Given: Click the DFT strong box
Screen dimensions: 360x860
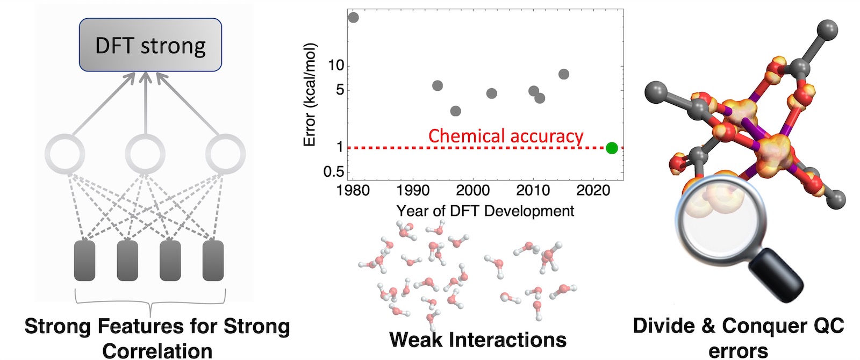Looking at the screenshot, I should click(150, 45).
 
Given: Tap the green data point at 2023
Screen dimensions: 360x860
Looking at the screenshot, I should click(612, 148).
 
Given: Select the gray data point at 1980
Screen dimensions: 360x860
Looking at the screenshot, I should click(353, 17).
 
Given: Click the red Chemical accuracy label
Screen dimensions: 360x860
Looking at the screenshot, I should click(505, 136).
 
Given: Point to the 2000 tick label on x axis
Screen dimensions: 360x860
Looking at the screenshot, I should click(472, 190).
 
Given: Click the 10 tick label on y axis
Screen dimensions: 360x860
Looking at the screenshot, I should click(335, 66).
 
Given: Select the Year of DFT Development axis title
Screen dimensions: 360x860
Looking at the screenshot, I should click(485, 211).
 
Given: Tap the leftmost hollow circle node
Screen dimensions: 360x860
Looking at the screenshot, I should click(65, 154).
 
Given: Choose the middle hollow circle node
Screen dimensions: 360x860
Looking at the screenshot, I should click(144, 154).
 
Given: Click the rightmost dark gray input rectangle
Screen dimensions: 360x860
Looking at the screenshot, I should click(213, 261).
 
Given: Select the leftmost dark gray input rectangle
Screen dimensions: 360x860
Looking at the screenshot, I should click(84, 261).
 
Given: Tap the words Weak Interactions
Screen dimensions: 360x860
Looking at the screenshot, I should click(477, 340).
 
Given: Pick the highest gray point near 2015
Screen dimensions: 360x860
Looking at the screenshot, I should click(563, 74).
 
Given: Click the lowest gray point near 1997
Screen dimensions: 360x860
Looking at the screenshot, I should click(455, 111).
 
